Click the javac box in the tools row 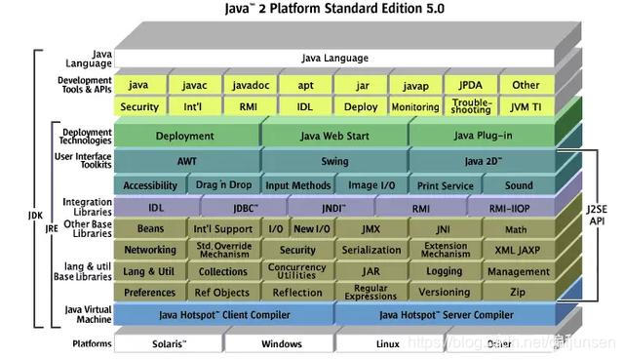(195, 85)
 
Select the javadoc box (250, 85)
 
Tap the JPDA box (470, 85)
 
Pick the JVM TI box (526, 106)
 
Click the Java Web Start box (333, 136)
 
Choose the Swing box (333, 161)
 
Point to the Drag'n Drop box (223, 185)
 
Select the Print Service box (445, 185)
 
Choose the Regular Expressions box (370, 293)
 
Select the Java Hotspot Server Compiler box (446, 314)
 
